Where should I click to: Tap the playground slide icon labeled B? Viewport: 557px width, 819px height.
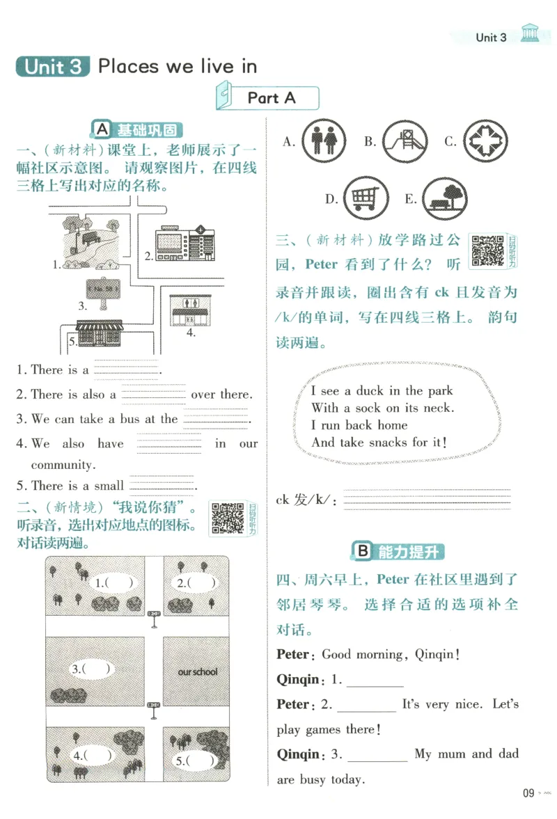[x=405, y=142]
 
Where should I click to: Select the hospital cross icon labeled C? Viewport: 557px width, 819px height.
[x=486, y=141]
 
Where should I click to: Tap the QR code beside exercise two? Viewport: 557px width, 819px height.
[x=228, y=518]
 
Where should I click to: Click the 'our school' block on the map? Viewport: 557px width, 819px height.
[x=198, y=671]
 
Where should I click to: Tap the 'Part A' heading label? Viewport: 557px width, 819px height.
[x=272, y=98]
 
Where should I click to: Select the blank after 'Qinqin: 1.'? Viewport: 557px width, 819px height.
[x=375, y=680]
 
